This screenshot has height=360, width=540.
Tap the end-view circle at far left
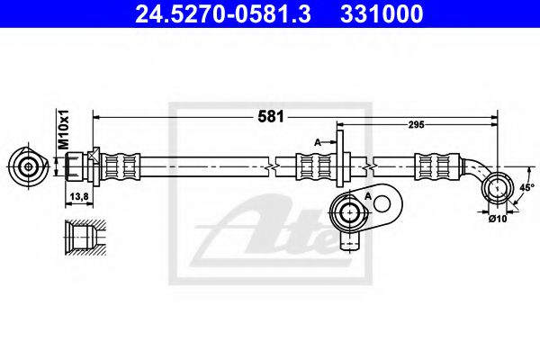pos(30,166)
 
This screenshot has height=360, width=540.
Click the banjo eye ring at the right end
pos(495,188)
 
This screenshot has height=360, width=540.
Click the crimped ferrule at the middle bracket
pos(314,166)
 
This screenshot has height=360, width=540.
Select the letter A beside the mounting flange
pos(317,141)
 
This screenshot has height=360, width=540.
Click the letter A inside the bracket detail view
pos(369,194)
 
